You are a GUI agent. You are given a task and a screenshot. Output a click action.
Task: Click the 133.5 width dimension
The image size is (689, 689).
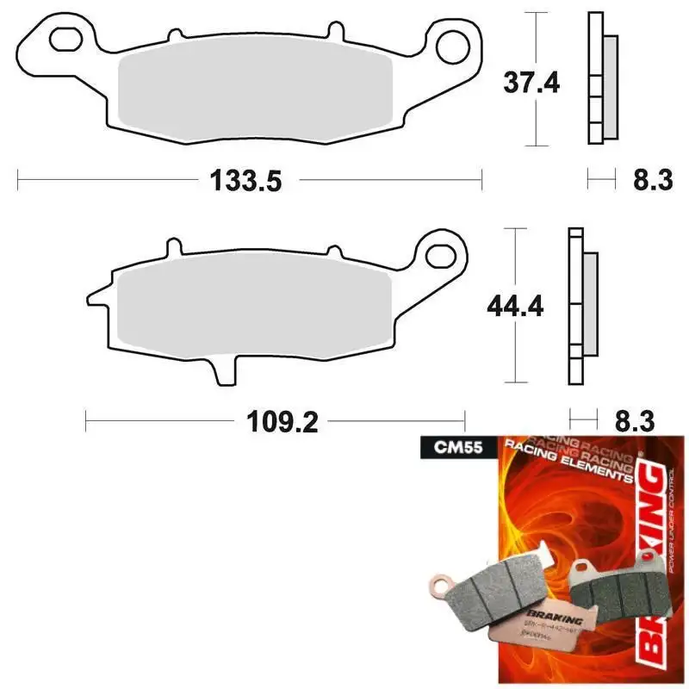[x=245, y=181]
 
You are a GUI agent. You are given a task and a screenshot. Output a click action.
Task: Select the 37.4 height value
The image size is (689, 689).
[x=531, y=84]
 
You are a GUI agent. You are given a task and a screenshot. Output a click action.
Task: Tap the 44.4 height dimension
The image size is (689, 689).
[x=515, y=306]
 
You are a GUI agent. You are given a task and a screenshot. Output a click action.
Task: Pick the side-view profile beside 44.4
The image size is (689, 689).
[x=581, y=307]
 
